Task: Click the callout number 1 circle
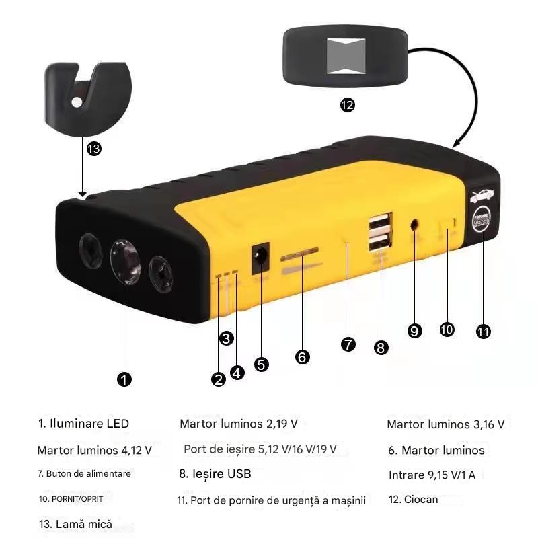(124, 379)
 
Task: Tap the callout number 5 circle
(262, 364)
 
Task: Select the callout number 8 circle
(381, 347)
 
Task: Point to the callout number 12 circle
(348, 105)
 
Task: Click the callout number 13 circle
(94, 149)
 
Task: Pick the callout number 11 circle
(483, 331)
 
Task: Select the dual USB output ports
(379, 232)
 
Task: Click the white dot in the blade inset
(77, 102)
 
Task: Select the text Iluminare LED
(83, 424)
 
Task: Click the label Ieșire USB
(215, 474)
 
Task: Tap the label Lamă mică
(75, 524)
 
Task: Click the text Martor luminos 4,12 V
(95, 449)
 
